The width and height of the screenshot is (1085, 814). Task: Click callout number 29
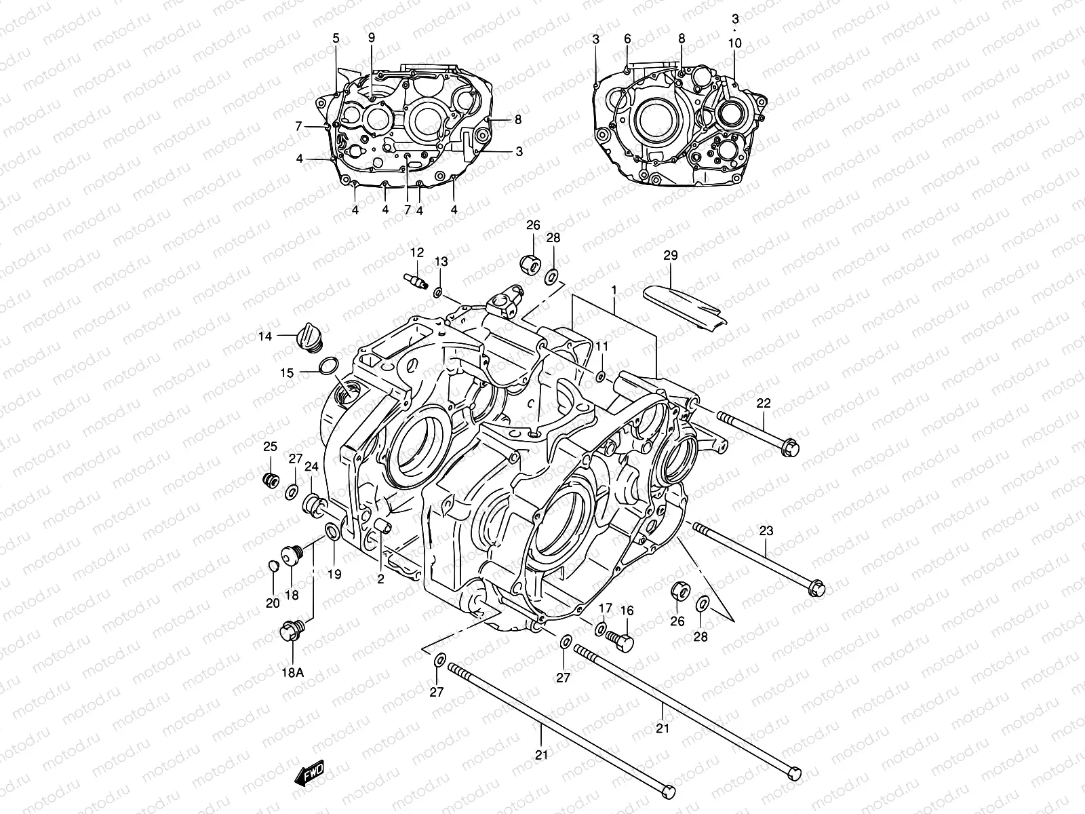671,256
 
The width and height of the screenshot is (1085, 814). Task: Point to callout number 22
764,403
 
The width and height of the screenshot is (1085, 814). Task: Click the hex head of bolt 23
816,587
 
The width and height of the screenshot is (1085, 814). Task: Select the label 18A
292,672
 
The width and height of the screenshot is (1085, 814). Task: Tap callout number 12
416,252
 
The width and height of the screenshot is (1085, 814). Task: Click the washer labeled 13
438,292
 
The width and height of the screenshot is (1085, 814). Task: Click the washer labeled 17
601,629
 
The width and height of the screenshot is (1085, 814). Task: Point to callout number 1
614,290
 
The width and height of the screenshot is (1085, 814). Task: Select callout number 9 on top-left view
372,37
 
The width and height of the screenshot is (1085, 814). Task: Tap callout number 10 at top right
735,43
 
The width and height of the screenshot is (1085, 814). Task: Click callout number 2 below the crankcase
380,579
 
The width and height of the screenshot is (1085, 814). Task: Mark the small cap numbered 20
273,566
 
